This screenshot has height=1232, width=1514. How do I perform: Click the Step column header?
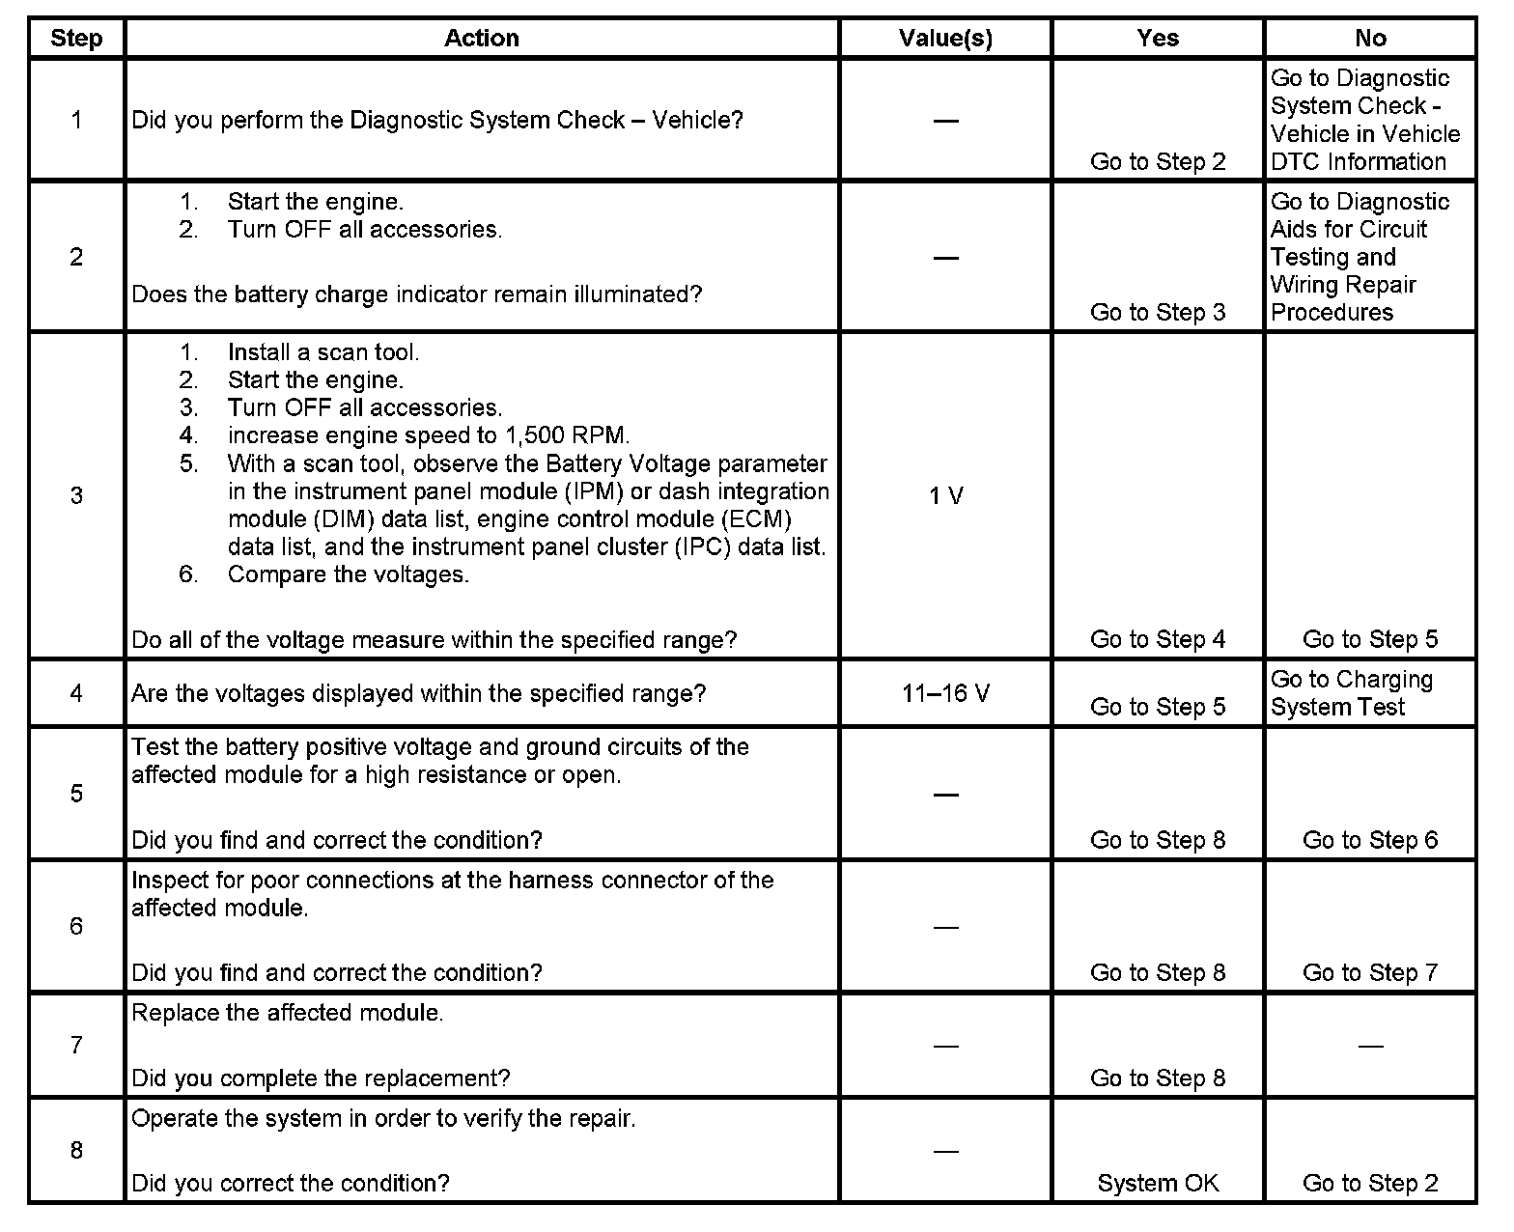click(x=76, y=39)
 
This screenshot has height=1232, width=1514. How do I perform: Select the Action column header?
click(x=482, y=39)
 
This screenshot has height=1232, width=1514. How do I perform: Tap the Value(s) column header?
click(x=945, y=39)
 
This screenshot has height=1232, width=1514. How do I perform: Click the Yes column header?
click(x=1158, y=39)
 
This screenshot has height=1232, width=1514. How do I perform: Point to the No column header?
click(x=1370, y=39)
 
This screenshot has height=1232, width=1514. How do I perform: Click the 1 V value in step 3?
click(x=945, y=495)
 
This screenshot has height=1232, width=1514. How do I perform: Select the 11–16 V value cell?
click(x=945, y=693)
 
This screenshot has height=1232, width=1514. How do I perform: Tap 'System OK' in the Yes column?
click(x=1158, y=1183)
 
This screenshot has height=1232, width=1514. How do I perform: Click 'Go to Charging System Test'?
click(x=1351, y=693)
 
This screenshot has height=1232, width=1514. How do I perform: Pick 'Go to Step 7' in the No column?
click(x=1370, y=972)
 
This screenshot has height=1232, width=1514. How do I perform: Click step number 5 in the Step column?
click(x=76, y=794)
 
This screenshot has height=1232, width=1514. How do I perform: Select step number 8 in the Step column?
click(x=76, y=1150)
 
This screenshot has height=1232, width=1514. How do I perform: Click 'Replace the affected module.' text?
click(x=288, y=1013)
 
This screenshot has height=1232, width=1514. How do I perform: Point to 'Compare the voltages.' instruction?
click(x=348, y=574)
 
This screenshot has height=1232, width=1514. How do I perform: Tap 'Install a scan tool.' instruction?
click(x=323, y=352)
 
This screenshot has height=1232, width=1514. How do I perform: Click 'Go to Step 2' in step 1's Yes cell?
click(x=1158, y=161)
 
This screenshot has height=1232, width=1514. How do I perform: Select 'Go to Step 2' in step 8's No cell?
click(x=1370, y=1183)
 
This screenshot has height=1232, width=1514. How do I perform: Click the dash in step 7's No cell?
click(x=1370, y=1046)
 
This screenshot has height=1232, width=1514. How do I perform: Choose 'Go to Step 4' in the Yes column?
click(x=1158, y=639)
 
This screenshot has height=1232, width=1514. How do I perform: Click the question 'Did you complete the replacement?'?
click(x=321, y=1078)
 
